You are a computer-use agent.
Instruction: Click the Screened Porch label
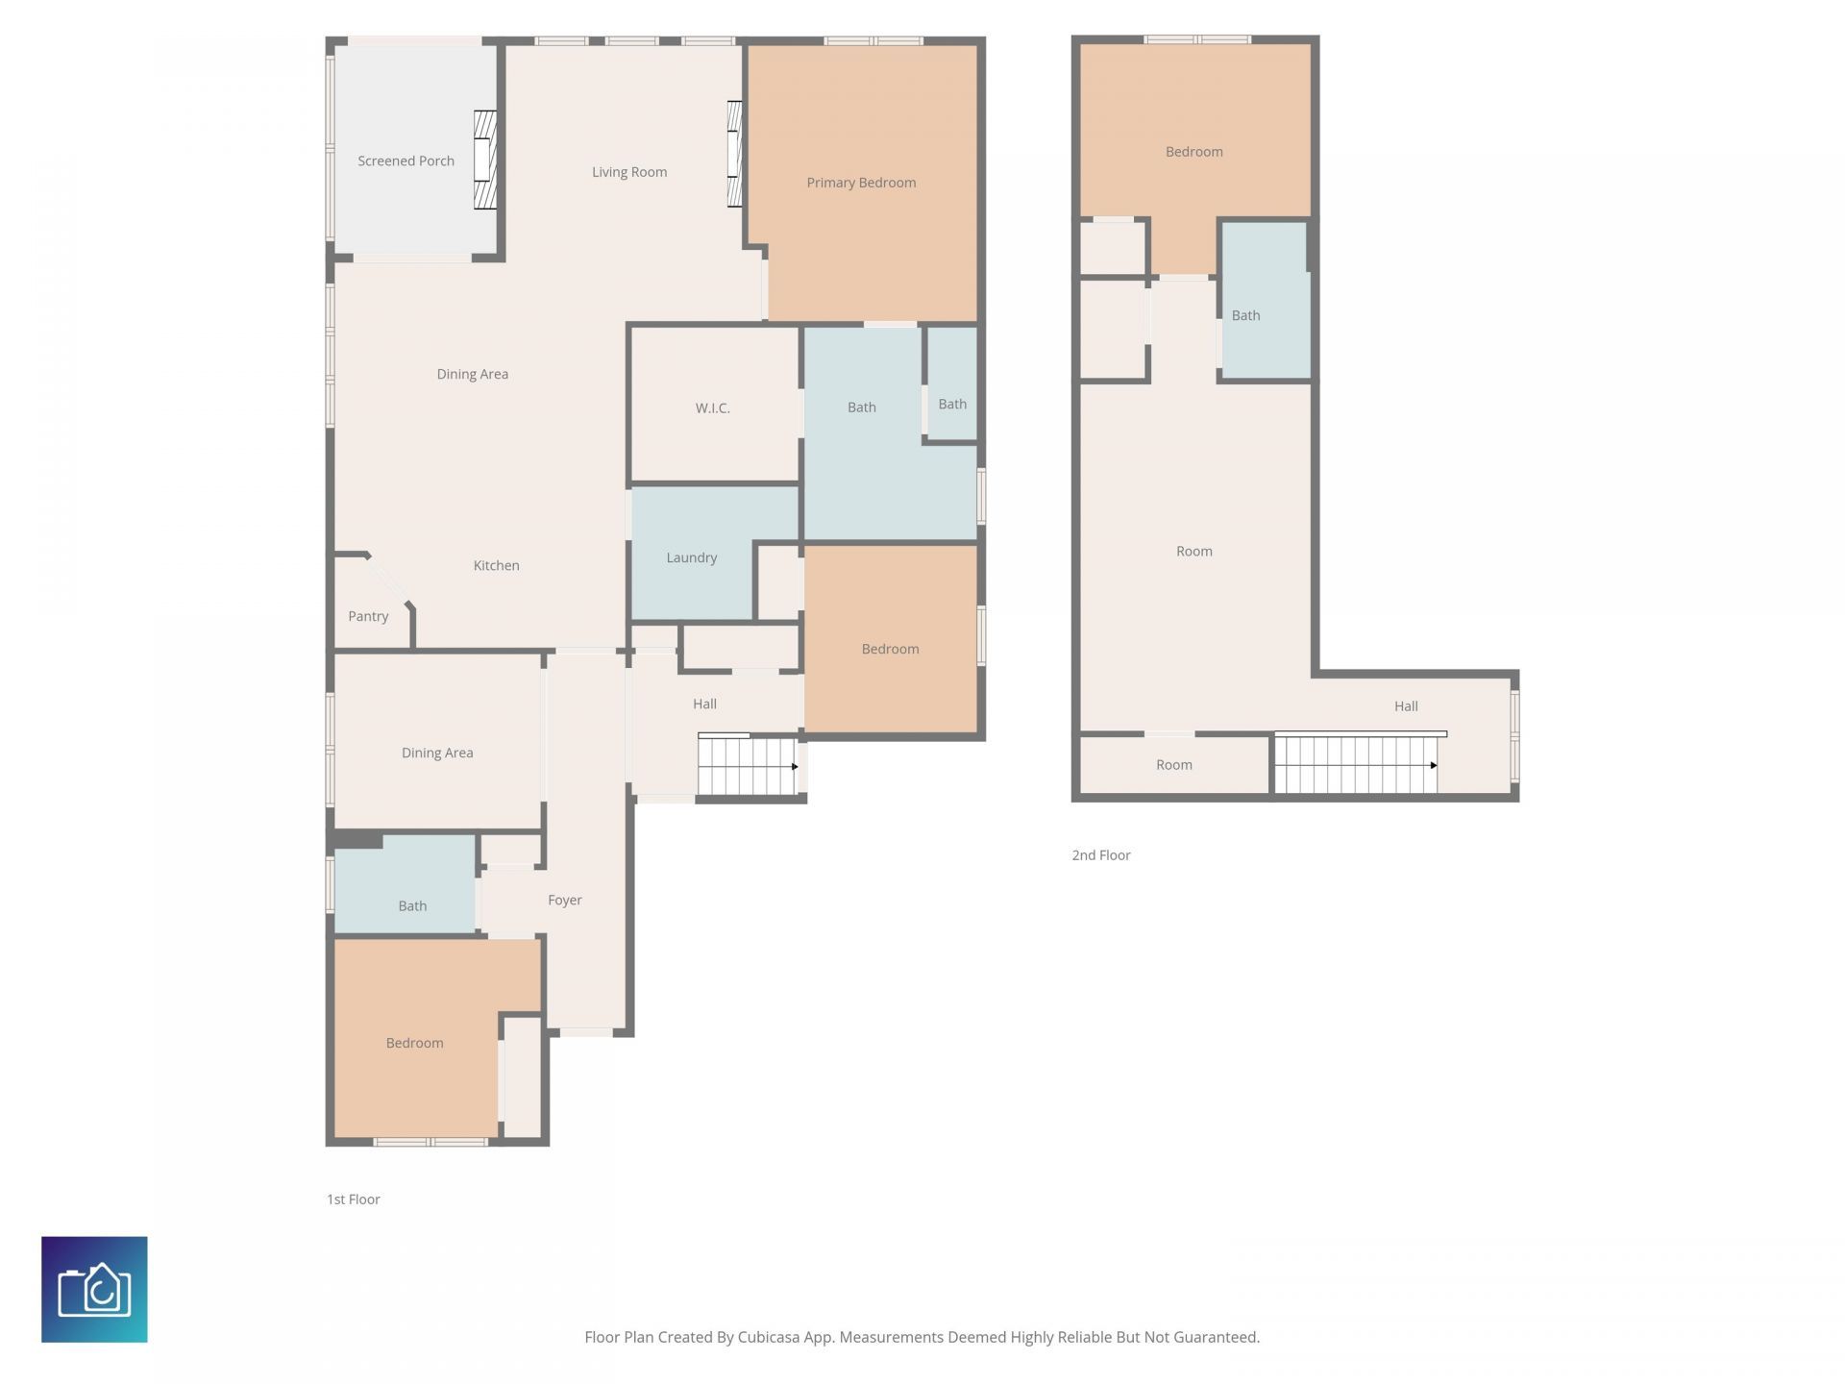coord(406,161)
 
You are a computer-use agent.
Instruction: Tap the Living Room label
coord(629,172)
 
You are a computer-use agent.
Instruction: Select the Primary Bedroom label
coord(861,183)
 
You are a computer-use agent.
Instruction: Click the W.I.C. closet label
coord(712,408)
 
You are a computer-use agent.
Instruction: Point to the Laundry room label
coord(692,557)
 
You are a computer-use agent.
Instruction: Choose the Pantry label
coord(368,616)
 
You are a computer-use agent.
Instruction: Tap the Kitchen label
coord(496,565)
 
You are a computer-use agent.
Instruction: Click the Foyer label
coord(565,900)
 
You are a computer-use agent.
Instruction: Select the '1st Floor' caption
coord(354,1199)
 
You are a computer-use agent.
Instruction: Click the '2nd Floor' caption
coord(1101,855)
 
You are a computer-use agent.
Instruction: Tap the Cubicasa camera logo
coord(94,1289)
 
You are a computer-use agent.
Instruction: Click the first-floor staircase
coord(749,765)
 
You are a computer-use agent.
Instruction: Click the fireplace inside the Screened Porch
coord(485,161)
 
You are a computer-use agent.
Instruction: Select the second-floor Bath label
coord(1245,315)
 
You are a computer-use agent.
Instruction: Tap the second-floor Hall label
coord(1406,706)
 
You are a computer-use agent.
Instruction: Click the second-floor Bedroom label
coord(1193,152)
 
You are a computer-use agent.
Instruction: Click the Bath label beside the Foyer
coord(412,906)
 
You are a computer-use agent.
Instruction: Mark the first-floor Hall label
coord(704,704)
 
